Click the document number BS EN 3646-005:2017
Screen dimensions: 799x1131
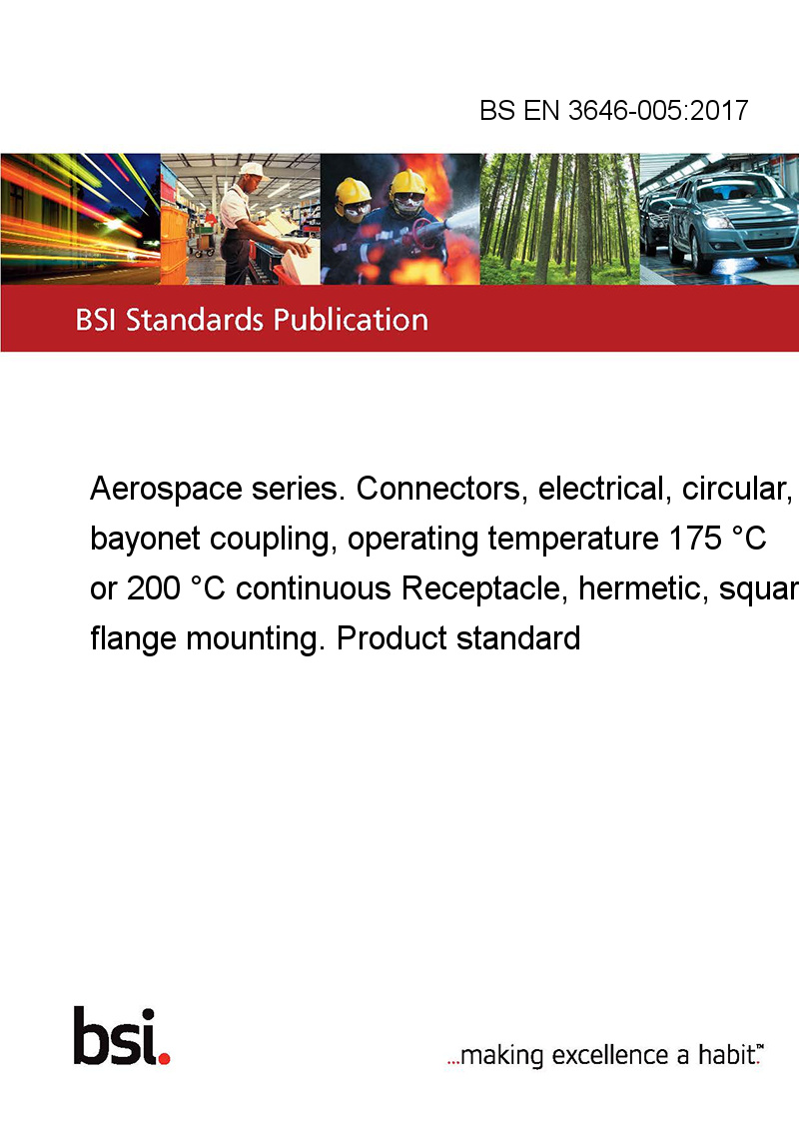pyautogui.click(x=613, y=110)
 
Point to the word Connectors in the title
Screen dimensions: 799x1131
pyautogui.click(x=437, y=489)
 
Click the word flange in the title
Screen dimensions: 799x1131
pyautogui.click(x=133, y=639)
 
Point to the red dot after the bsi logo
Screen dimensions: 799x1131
pyautogui.click(x=164, y=1058)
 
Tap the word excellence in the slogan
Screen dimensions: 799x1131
pyautogui.click(x=610, y=1055)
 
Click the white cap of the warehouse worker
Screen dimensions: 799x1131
pyautogui.click(x=253, y=170)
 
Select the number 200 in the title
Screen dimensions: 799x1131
pyautogui.click(x=154, y=588)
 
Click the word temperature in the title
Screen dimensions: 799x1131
pyautogui.click(x=573, y=540)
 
